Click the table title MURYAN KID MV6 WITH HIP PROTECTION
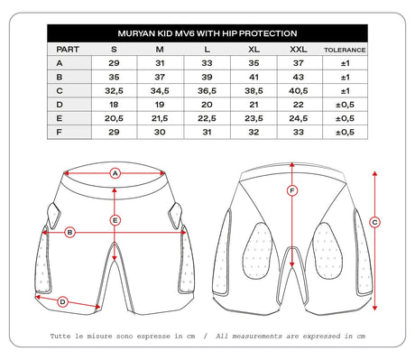pos(207,33)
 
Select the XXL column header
pos(299,50)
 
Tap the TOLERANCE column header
pos(345,50)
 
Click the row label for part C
pos(60,91)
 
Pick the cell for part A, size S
pos(114,63)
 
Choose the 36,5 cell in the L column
pos(207,91)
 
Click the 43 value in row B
pos(299,77)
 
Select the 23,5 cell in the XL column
pos(254,118)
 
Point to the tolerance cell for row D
pos(345,105)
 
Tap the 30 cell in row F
pos(160,132)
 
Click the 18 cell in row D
pos(114,105)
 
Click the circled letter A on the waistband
pos(115,173)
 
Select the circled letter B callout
pos(69,233)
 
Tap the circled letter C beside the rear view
pos(374,223)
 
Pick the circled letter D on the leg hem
pos(62,302)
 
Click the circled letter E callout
pos(115,221)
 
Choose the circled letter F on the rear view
pos(292,190)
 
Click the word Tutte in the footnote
pos(60,336)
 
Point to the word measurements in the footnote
pos(257,336)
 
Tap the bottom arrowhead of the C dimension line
pos(374,308)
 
